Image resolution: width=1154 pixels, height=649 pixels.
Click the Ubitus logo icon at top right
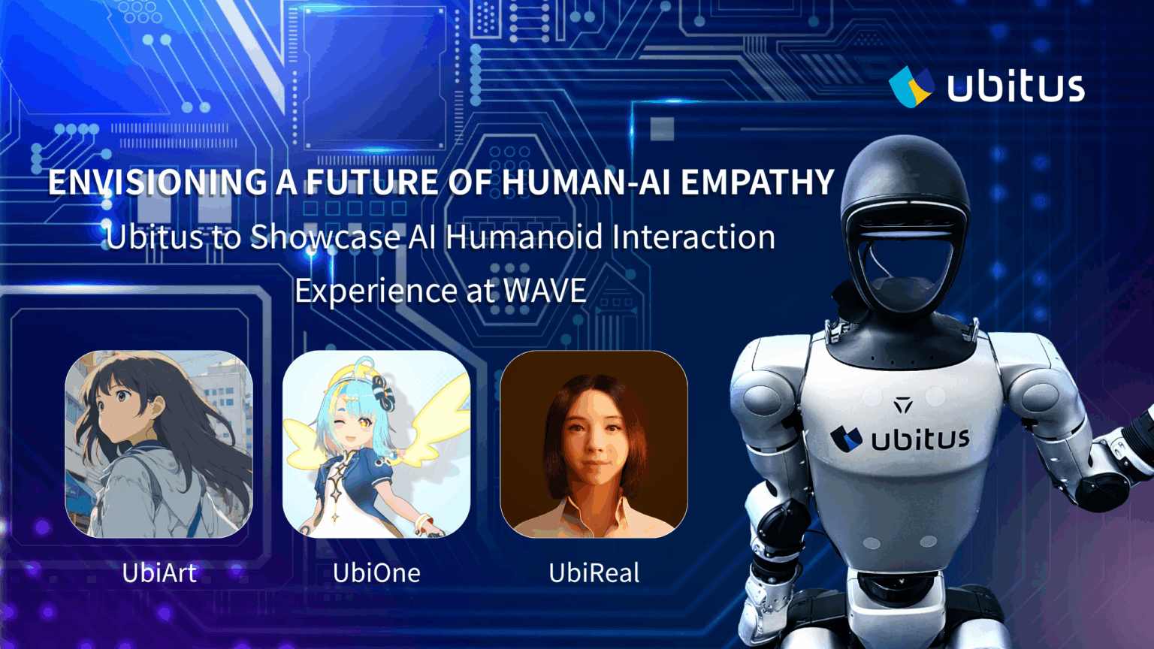click(911, 86)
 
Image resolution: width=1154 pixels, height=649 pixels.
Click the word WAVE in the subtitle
click(545, 291)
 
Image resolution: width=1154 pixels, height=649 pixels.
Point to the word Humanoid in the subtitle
click(524, 237)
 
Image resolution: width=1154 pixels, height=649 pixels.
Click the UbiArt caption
click(159, 573)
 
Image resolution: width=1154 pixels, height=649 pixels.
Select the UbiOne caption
click(376, 573)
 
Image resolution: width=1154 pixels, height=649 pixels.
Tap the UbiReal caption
click(594, 573)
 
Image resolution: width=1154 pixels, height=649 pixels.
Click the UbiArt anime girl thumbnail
click(159, 444)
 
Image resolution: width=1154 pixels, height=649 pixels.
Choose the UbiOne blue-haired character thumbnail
click(376, 444)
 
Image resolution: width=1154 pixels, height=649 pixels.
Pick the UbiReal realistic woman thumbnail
click(594, 444)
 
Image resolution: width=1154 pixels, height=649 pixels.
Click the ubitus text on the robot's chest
click(920, 439)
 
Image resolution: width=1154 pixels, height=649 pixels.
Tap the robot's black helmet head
click(902, 195)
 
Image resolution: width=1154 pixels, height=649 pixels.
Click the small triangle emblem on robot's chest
click(903, 406)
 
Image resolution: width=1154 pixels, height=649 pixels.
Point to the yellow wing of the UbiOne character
click(448, 413)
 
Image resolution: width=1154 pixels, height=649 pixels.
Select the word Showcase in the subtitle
click(325, 237)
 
